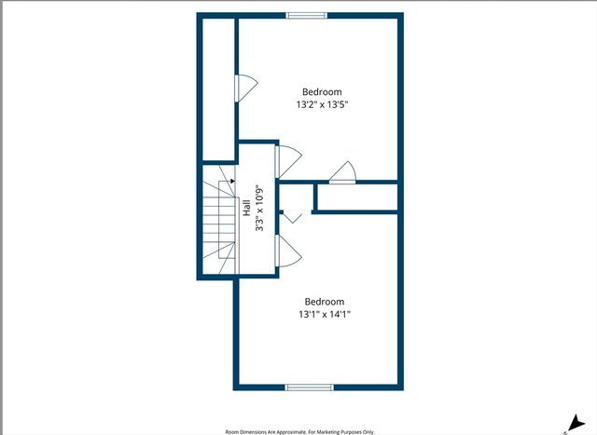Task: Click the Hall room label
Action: click(x=246, y=208)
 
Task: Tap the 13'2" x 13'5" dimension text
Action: click(x=323, y=104)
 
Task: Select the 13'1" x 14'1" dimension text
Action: click(x=325, y=315)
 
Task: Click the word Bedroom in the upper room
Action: click(x=322, y=91)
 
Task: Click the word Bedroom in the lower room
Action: click(x=325, y=302)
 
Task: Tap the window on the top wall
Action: click(x=307, y=16)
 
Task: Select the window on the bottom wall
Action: click(x=309, y=387)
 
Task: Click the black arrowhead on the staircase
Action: click(x=232, y=181)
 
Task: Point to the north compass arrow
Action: click(x=576, y=423)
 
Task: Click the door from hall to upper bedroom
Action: click(x=288, y=161)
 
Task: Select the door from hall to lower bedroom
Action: click(x=288, y=251)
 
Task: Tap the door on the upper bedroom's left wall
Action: click(x=246, y=88)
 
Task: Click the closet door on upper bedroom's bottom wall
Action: click(x=342, y=173)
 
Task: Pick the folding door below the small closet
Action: click(x=293, y=216)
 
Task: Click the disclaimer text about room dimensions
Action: click(x=300, y=432)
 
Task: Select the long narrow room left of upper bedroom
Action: click(x=218, y=89)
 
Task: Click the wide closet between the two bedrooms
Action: click(x=357, y=197)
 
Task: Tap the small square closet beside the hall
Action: click(x=297, y=197)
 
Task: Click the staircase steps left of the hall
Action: click(x=219, y=220)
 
